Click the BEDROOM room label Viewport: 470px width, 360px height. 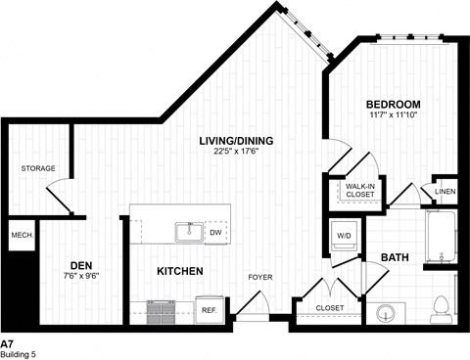393,105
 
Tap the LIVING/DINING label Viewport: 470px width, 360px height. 236,141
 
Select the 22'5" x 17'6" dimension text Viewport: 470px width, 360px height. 236,153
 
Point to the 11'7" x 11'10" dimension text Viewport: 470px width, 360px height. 393,117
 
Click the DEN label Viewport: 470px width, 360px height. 81,264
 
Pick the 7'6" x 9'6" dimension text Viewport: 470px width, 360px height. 81,276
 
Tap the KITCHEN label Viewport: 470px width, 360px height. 179,270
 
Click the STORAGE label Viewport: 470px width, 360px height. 38,168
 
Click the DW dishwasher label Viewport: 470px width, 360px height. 216,233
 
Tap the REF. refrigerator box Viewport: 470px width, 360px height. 209,309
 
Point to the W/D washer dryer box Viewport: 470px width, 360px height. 344,236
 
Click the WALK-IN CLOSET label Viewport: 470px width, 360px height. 360,191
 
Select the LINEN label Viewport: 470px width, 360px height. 446,192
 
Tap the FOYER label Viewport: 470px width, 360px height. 259,276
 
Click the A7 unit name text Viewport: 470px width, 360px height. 7,343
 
